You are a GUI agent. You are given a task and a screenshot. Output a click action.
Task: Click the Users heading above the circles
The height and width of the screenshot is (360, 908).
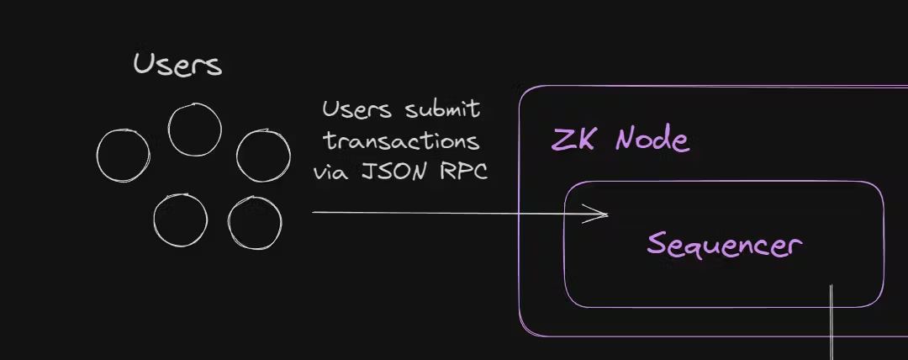pos(177,65)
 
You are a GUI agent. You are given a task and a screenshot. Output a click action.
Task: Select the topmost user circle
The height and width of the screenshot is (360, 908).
pos(194,130)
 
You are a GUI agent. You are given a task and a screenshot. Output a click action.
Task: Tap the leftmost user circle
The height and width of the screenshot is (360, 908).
pos(123,156)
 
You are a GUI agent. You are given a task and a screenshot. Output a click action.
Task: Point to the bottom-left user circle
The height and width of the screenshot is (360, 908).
pos(180,220)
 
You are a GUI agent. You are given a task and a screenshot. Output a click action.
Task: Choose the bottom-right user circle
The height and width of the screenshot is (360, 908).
pos(255,223)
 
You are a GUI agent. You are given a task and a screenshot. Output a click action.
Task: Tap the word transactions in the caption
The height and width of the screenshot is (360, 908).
pos(402,140)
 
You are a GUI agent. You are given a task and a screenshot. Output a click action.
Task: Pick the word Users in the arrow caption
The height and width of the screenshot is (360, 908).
pos(356,109)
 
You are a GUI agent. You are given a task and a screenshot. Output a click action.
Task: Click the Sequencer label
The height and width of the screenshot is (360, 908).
pos(724,245)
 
